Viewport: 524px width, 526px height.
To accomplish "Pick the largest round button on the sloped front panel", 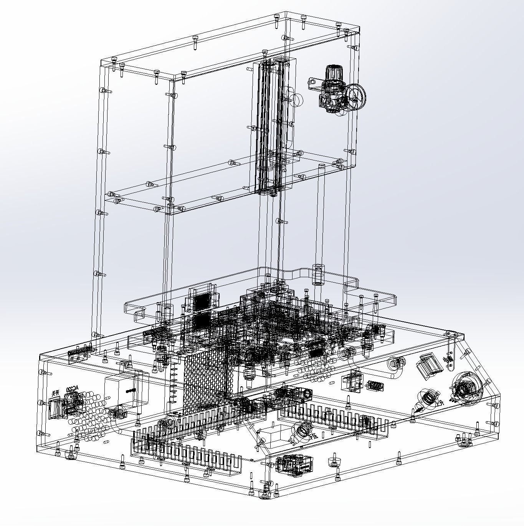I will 466,388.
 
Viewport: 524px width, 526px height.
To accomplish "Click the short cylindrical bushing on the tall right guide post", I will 318,274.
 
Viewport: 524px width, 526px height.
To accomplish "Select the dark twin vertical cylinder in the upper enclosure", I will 273,127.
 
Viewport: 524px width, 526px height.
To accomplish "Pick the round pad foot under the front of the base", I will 264,495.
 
